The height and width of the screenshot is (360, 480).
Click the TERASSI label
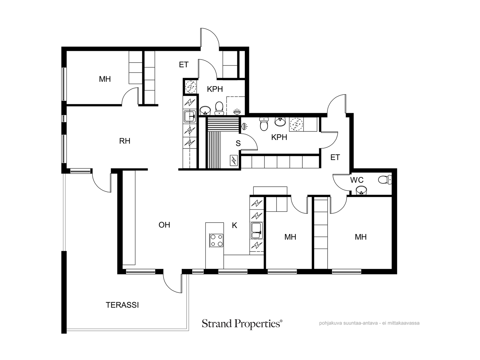(x=122, y=305)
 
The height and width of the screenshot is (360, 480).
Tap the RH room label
(x=124, y=141)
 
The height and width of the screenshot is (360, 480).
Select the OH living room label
(x=164, y=225)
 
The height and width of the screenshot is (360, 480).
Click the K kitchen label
(x=234, y=225)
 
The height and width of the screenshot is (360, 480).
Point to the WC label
(x=357, y=180)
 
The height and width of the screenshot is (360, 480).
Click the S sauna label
(x=238, y=143)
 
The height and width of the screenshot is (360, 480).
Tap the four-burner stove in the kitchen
(x=216, y=240)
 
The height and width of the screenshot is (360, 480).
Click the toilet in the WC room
(x=385, y=179)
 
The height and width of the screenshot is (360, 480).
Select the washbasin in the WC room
(x=361, y=190)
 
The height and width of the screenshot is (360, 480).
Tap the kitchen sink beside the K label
(x=257, y=231)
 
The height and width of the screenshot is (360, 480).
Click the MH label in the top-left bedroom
(x=105, y=79)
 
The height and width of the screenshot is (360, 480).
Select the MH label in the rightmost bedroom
(x=361, y=237)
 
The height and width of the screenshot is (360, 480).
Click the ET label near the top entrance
(x=184, y=64)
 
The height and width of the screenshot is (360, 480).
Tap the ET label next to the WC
(x=335, y=157)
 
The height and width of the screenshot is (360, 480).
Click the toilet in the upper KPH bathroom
(x=219, y=108)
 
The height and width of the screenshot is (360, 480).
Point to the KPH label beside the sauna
(x=279, y=137)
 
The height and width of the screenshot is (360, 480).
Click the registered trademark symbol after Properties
(x=281, y=321)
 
